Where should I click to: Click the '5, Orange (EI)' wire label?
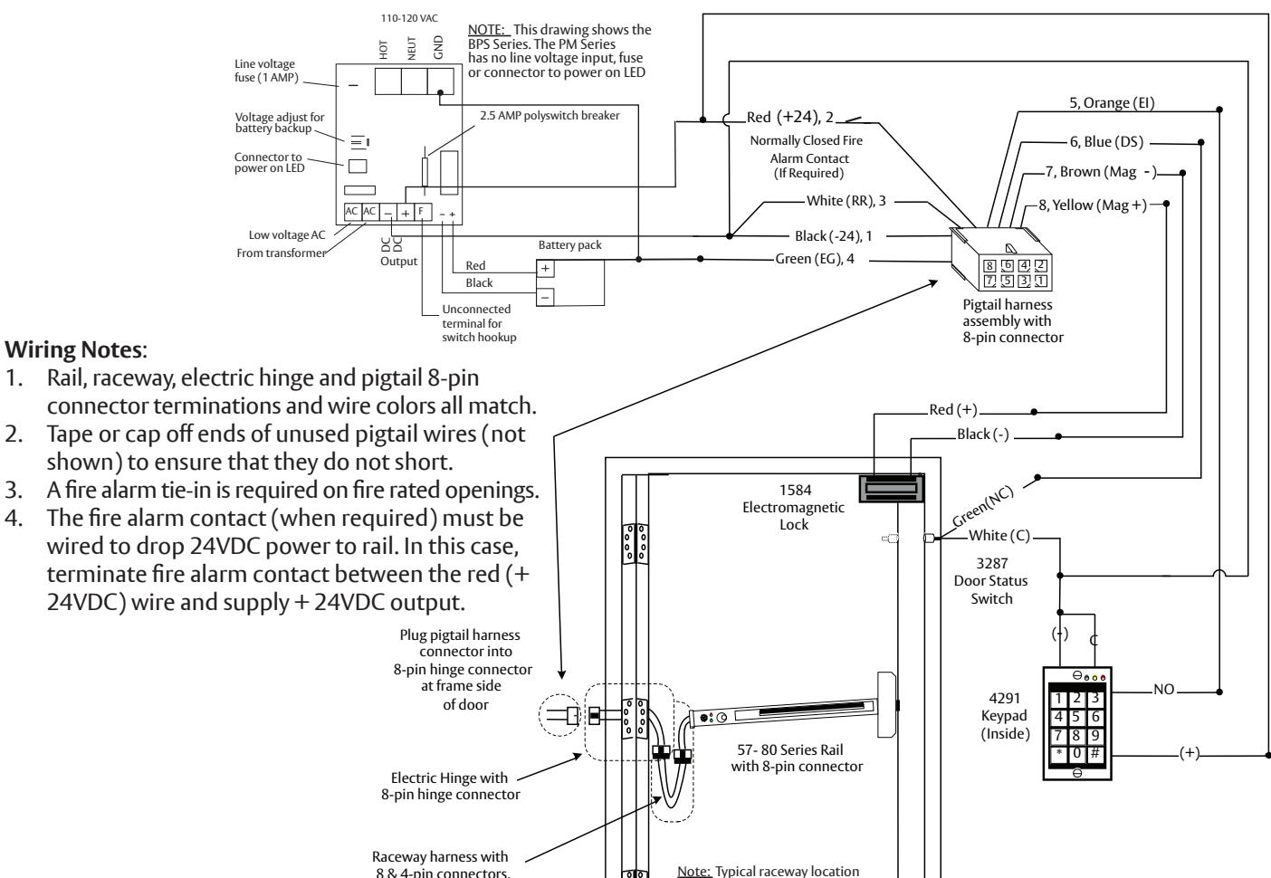(x=1112, y=102)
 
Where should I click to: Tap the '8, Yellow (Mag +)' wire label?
(x=1093, y=205)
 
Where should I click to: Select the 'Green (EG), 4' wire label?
(x=814, y=259)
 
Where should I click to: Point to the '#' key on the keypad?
(x=1095, y=754)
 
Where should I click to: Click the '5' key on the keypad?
(x=1076, y=717)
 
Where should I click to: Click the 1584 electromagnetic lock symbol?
(x=892, y=489)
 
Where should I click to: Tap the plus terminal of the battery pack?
(x=545, y=268)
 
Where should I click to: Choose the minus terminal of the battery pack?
(x=545, y=297)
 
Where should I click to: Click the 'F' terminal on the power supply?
(x=423, y=212)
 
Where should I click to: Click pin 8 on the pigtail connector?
(x=989, y=266)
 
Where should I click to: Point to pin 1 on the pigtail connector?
(x=1041, y=281)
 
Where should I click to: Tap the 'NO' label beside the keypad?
(x=1164, y=689)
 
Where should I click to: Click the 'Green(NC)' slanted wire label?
(x=982, y=507)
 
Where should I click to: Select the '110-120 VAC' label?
(x=409, y=18)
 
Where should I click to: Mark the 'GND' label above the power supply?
(x=438, y=47)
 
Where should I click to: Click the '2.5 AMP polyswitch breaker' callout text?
(x=549, y=115)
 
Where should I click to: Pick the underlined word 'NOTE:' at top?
(x=486, y=30)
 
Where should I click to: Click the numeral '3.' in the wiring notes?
(x=14, y=490)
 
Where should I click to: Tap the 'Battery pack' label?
(x=569, y=245)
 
